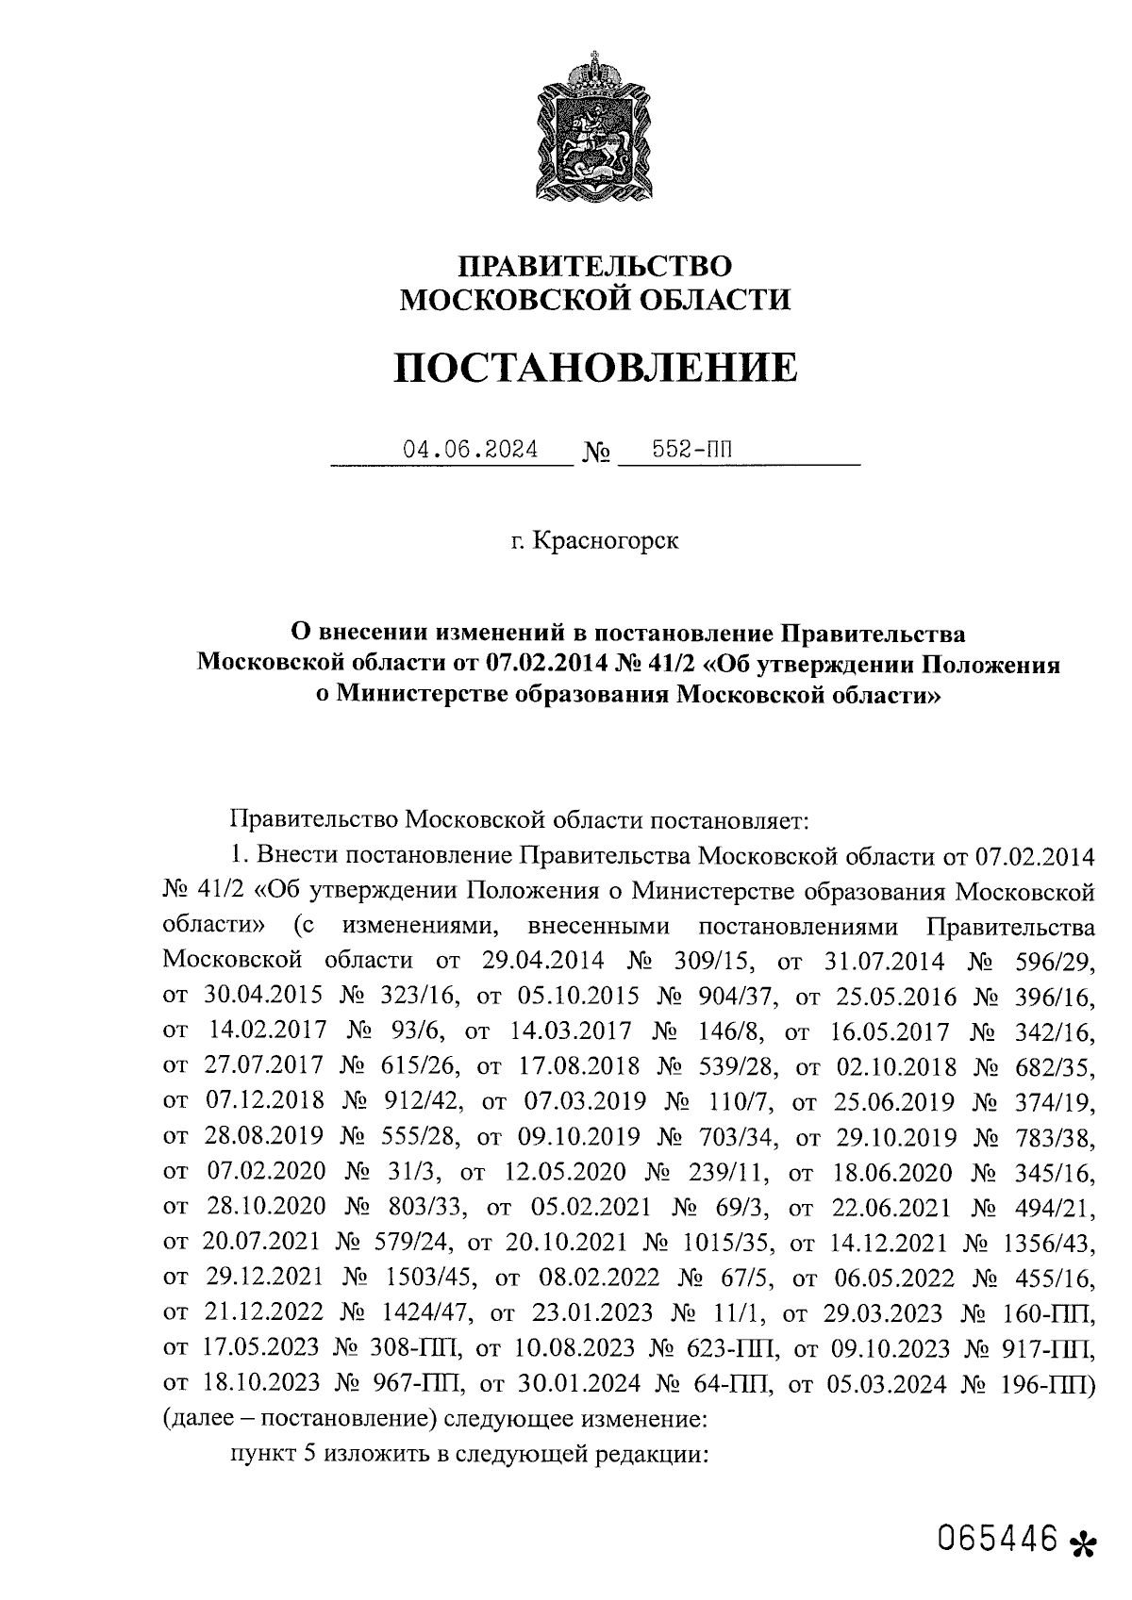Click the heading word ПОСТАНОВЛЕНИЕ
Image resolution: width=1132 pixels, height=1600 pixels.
(x=594, y=369)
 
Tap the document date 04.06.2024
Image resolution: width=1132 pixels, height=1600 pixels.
(x=471, y=450)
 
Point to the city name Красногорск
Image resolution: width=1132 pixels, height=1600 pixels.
(x=605, y=542)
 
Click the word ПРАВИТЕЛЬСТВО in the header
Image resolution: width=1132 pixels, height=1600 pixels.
(x=594, y=266)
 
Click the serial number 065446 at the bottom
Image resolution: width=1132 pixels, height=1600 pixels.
(x=996, y=1539)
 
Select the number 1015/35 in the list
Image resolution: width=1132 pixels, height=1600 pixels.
(x=724, y=1244)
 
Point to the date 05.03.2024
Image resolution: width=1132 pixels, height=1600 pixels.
(x=890, y=1383)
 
